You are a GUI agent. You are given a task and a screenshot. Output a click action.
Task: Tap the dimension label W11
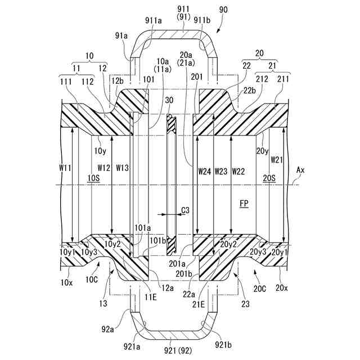tap(66, 167)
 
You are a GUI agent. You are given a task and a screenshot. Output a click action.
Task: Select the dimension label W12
tap(103, 167)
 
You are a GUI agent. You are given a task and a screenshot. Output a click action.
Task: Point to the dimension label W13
tap(122, 167)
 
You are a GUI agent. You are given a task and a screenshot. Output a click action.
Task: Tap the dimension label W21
tap(276, 160)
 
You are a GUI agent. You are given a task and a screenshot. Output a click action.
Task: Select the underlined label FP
tap(244, 201)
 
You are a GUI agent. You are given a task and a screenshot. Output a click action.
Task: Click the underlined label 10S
tap(93, 178)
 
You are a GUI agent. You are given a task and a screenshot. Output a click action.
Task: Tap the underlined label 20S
tap(270, 178)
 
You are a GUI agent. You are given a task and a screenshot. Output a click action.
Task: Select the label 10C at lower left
tap(92, 279)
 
